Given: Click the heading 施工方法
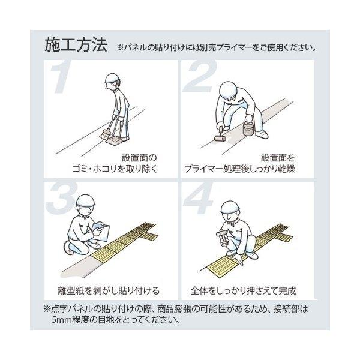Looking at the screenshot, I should coord(76,44).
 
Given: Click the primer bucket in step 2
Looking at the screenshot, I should coord(249,130).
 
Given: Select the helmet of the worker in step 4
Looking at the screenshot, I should coord(230,207).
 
